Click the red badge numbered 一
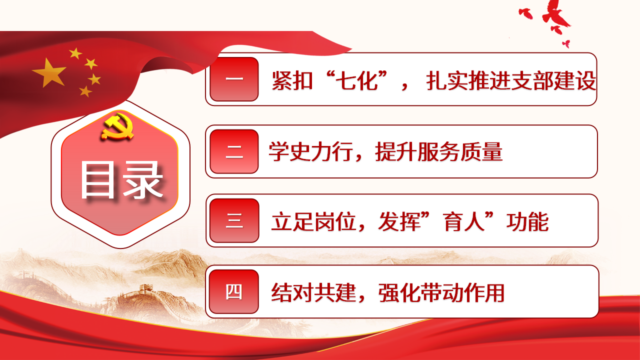[x=234, y=79]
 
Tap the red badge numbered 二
[x=234, y=151]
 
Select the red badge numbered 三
[x=234, y=220]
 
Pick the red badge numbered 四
[x=234, y=291]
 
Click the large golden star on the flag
[x=49, y=72]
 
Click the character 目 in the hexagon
[x=97, y=179]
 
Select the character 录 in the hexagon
[x=143, y=179]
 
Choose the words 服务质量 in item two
[x=459, y=151]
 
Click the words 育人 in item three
[x=464, y=221]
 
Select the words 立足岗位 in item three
[x=313, y=221]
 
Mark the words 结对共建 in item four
[x=313, y=292]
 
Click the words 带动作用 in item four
[x=462, y=292]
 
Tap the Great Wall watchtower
[x=146, y=288]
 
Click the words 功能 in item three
[x=527, y=221]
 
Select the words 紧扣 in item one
[x=292, y=80]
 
